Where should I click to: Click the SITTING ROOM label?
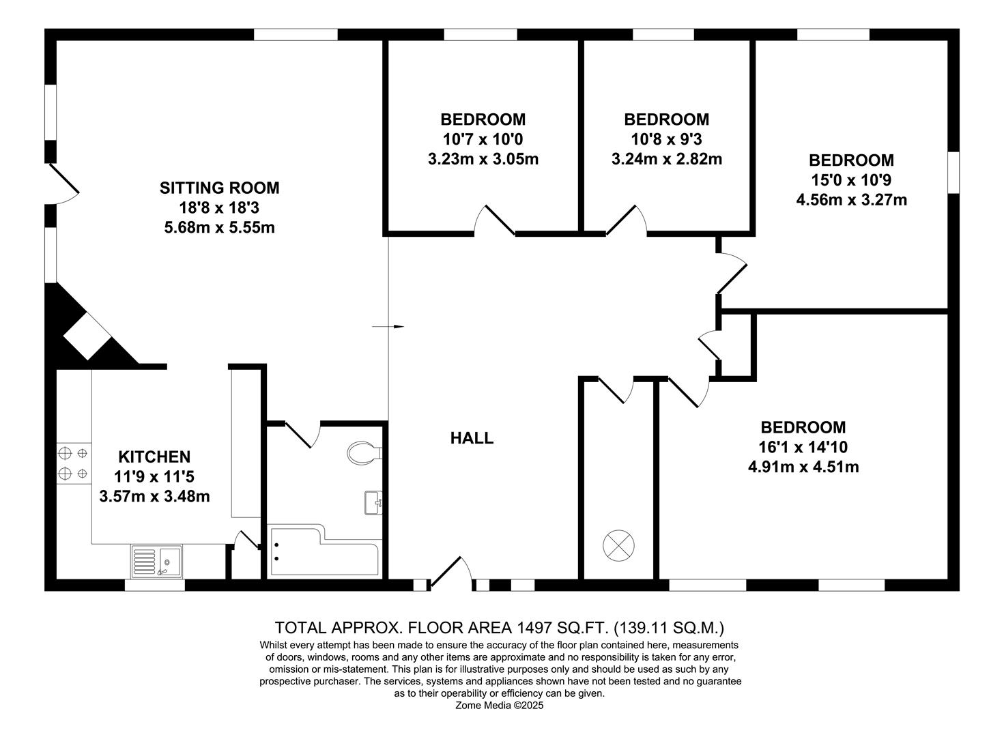(x=219, y=188)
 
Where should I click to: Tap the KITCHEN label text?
(x=154, y=457)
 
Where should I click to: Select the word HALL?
(x=472, y=438)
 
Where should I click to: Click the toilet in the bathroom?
(x=364, y=452)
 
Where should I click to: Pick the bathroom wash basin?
(x=373, y=503)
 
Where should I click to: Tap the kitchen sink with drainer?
(x=156, y=561)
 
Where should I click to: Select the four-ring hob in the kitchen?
(x=73, y=462)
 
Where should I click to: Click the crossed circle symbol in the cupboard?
(x=619, y=546)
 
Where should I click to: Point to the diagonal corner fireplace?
(x=87, y=334)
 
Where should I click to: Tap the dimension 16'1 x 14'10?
(x=803, y=448)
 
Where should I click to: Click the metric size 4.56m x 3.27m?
(x=851, y=200)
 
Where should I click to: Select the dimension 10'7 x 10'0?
(x=483, y=140)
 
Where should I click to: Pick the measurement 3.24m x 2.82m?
(x=666, y=160)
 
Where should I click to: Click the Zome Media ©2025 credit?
(x=500, y=706)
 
